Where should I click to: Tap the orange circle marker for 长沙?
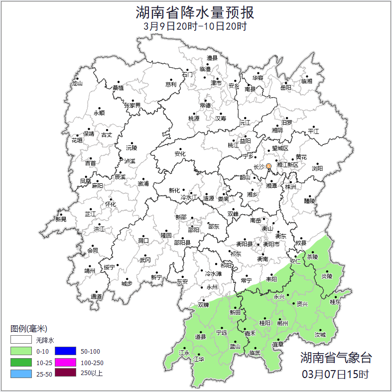268,166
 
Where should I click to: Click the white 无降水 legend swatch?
21,340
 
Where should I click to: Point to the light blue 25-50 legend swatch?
21,373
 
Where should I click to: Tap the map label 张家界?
132,106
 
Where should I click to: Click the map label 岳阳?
286,88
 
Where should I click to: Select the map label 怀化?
110,204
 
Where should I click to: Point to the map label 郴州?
282,323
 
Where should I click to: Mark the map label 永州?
212,287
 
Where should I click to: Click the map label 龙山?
77,84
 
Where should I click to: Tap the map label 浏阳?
317,168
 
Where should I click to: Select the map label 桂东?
336,302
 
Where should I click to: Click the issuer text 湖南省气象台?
336,357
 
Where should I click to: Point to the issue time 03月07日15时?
336,374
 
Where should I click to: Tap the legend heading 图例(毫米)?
28,329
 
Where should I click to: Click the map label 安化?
180,154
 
